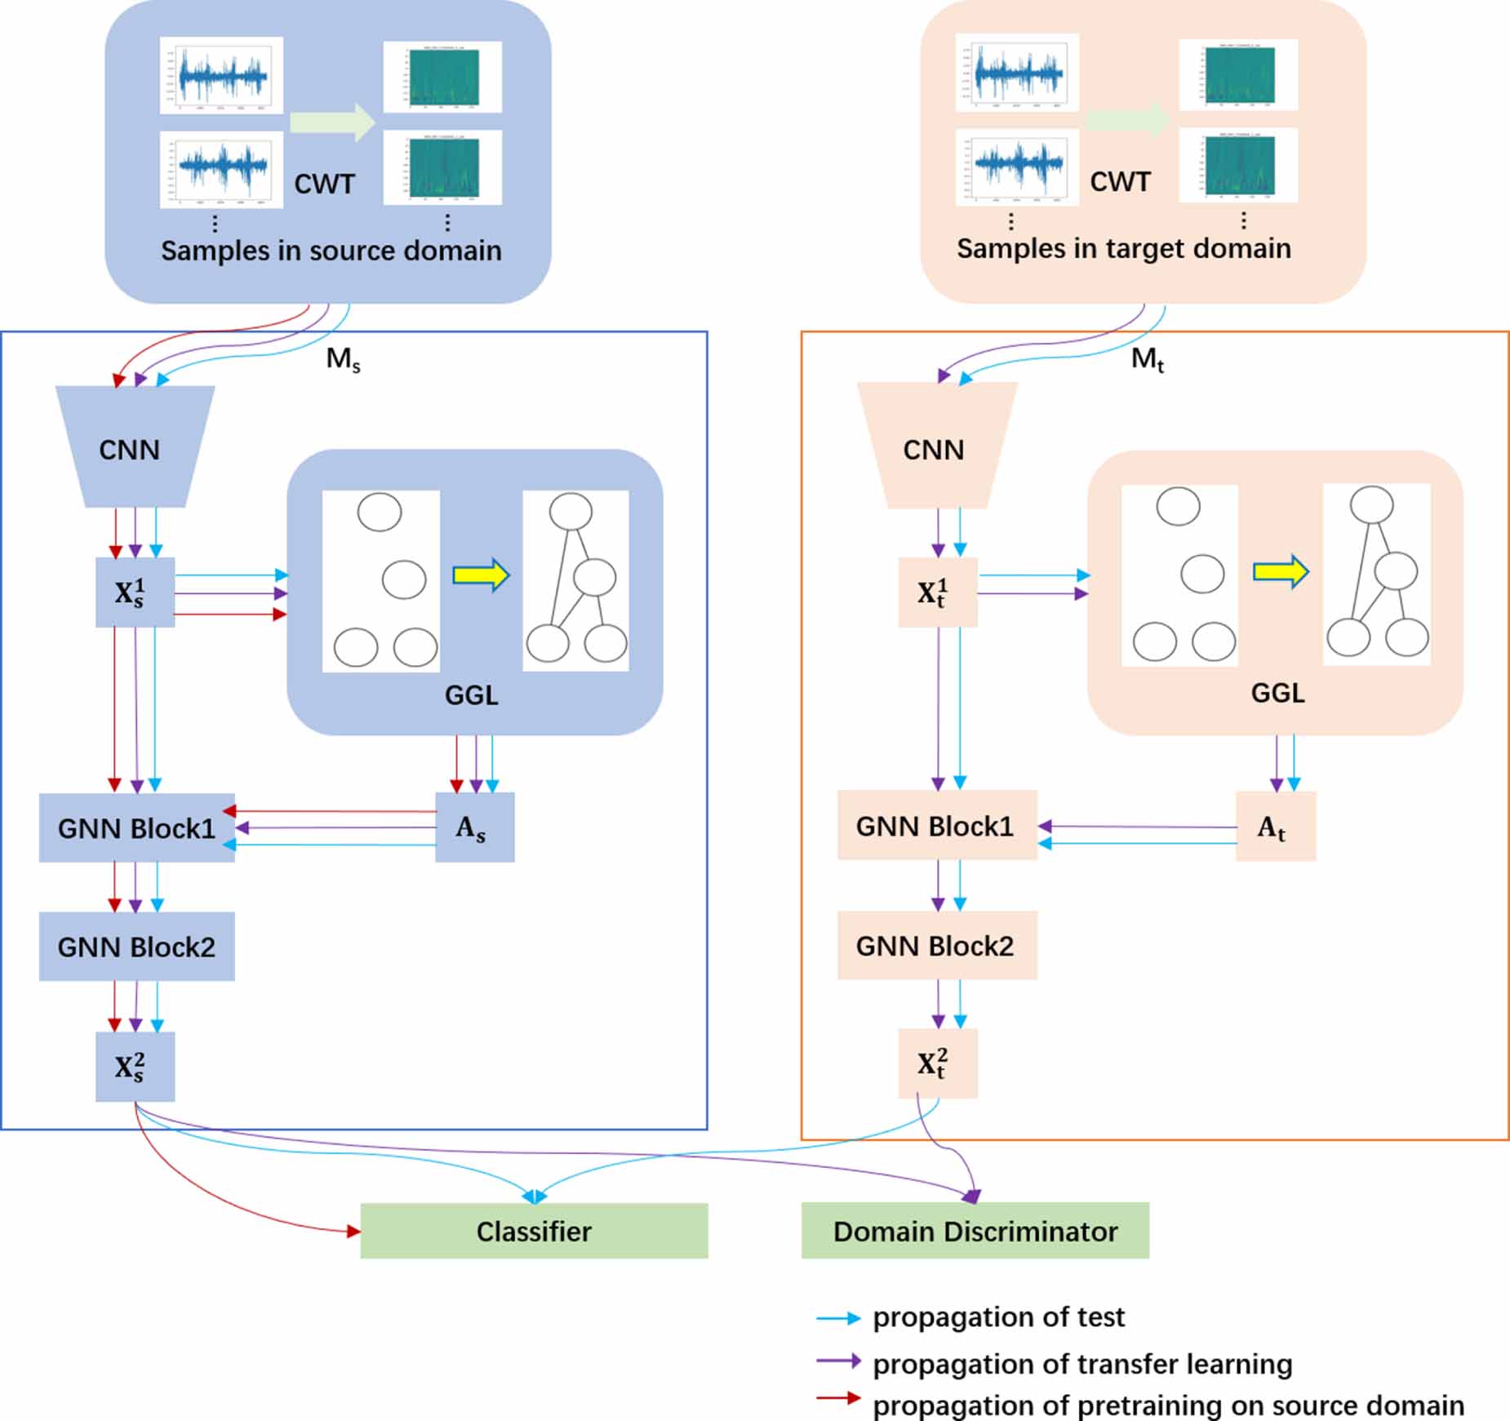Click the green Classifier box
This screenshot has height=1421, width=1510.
coord(534,1231)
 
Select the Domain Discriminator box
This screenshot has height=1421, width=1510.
coord(975,1231)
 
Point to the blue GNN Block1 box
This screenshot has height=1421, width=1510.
coord(136,828)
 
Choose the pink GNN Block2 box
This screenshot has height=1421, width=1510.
coord(936,945)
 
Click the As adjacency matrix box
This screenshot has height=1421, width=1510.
coord(473,828)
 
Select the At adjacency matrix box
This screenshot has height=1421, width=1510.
coord(1275,827)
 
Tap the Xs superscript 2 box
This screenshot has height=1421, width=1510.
coord(134,1067)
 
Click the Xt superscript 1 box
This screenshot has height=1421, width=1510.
coord(937,593)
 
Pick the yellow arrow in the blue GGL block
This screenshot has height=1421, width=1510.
coord(481,575)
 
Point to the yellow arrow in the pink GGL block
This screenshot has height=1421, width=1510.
coord(1281,571)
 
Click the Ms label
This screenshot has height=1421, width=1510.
coord(343,359)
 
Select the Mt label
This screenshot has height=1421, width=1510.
coord(1147,359)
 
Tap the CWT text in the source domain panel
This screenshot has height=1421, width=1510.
coord(324,184)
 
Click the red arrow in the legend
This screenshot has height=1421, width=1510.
coord(837,1398)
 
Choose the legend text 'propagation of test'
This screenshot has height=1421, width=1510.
coord(998,1317)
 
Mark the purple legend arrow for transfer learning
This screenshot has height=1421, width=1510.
coord(837,1361)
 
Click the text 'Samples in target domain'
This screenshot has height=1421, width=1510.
coord(1123,248)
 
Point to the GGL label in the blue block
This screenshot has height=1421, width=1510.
coord(471,695)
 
